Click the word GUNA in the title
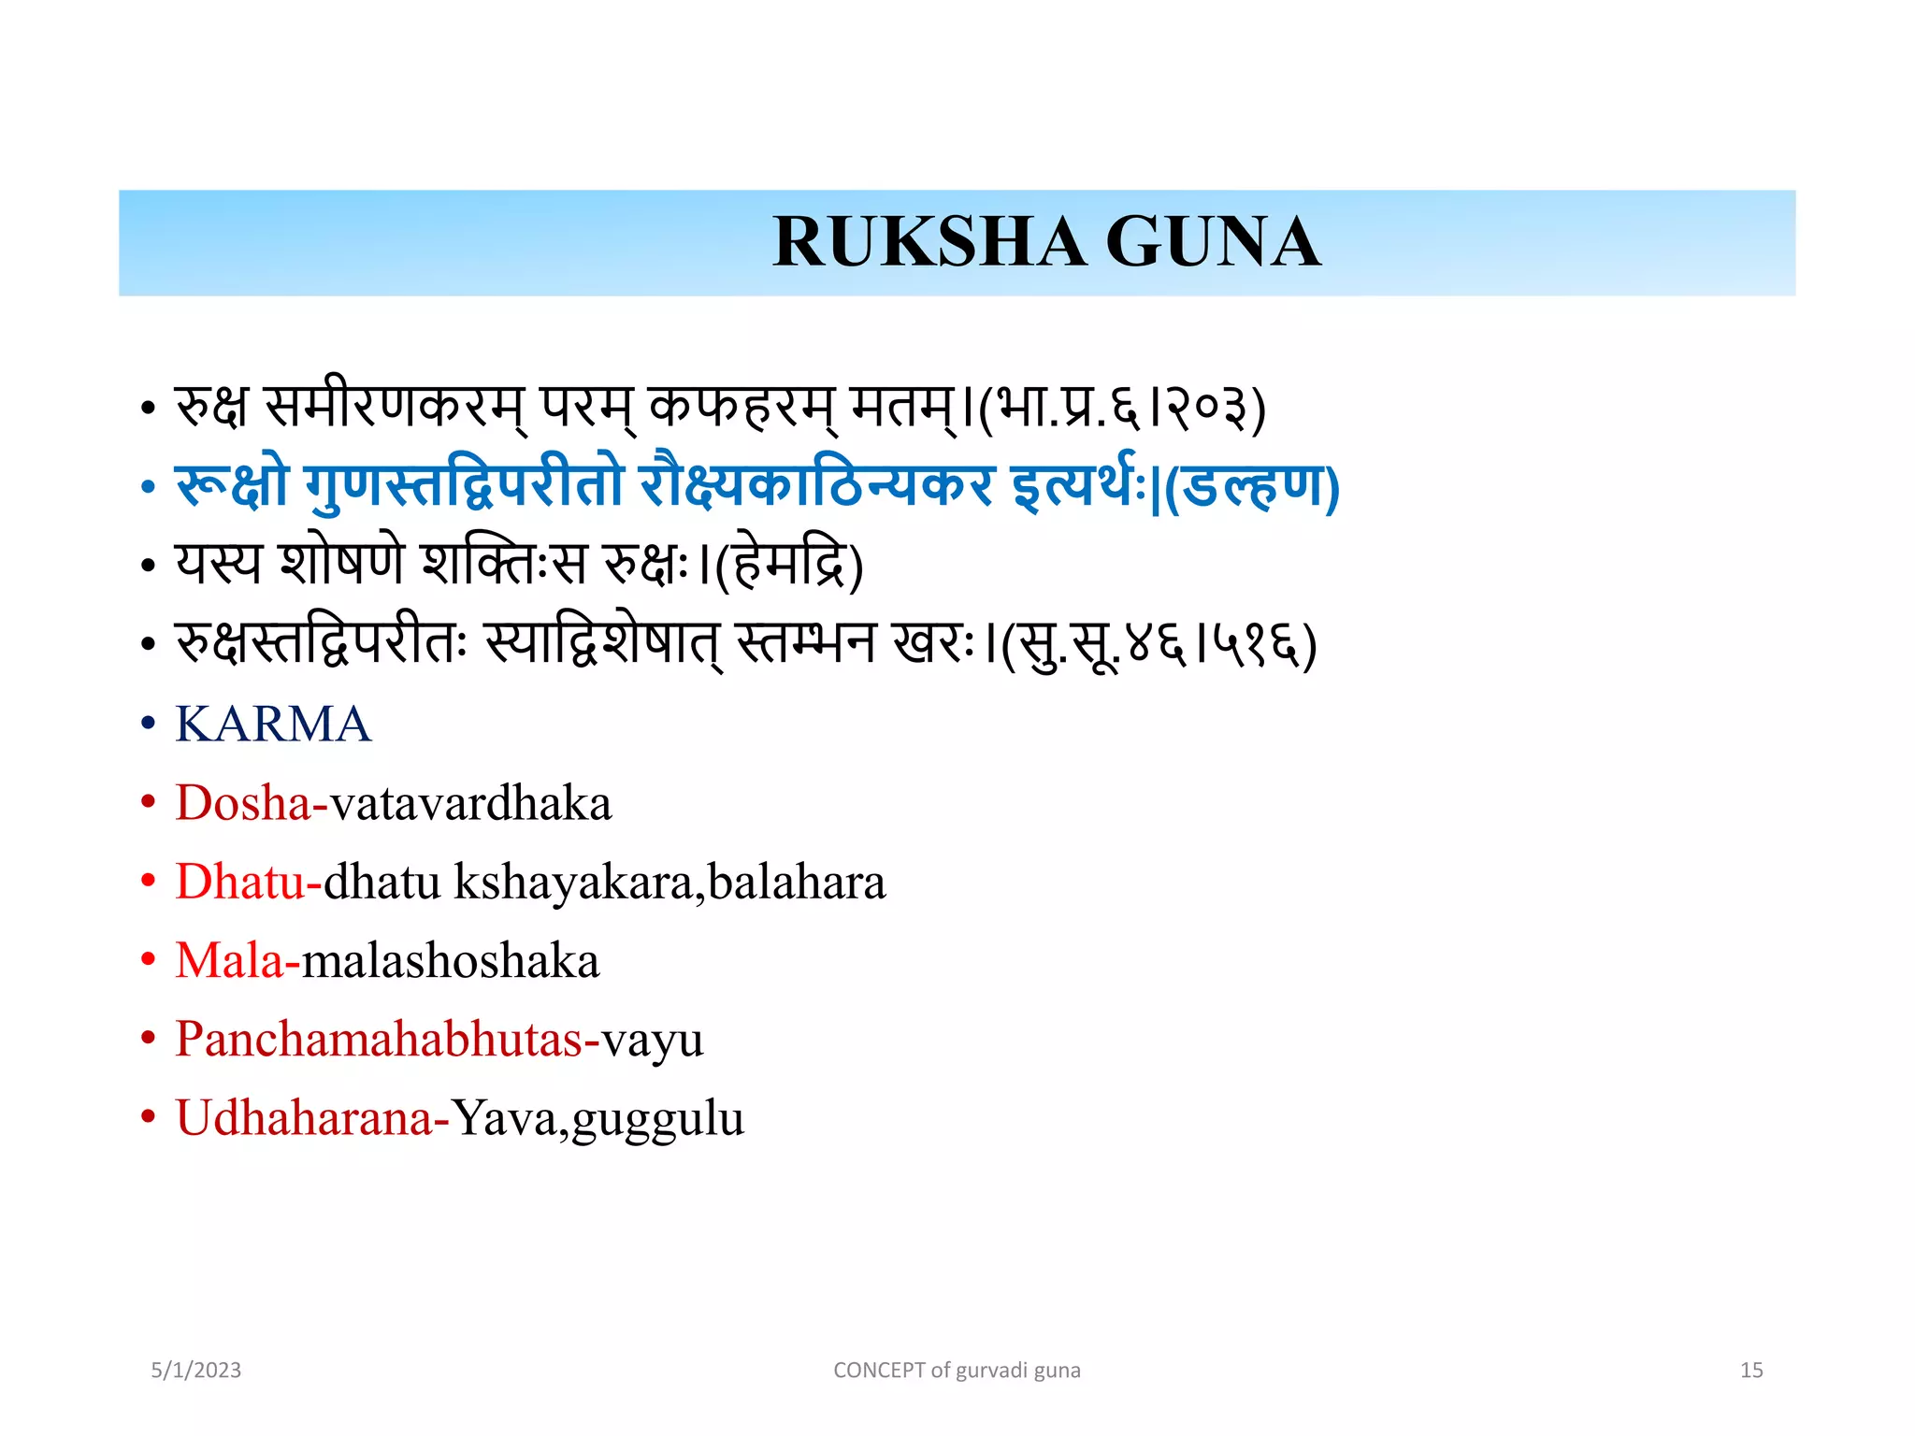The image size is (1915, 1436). (x=1213, y=242)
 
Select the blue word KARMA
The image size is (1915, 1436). (x=273, y=725)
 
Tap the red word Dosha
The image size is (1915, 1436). (x=243, y=803)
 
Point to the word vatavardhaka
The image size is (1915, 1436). (x=470, y=803)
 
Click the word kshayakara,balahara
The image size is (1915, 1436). (x=670, y=883)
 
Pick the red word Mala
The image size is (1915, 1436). (x=230, y=961)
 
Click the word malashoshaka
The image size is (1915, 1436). (x=450, y=961)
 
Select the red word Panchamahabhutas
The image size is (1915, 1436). (x=379, y=1040)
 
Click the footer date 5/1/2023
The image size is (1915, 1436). (x=196, y=1371)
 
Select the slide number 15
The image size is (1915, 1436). (x=1751, y=1371)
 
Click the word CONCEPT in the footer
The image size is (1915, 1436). (x=879, y=1371)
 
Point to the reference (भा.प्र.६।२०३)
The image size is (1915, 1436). (x=1122, y=409)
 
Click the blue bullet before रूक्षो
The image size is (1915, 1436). (x=148, y=487)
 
